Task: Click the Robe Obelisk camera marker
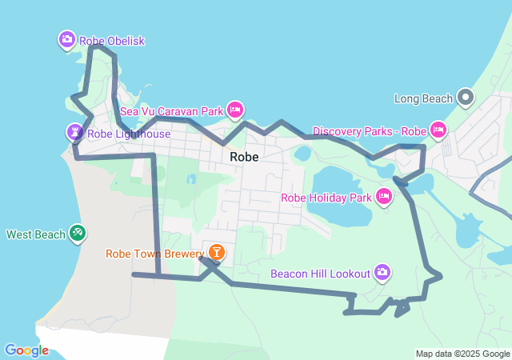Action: (x=66, y=38)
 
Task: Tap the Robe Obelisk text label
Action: (x=112, y=41)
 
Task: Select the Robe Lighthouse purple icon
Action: (x=74, y=132)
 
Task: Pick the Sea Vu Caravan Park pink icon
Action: (x=234, y=110)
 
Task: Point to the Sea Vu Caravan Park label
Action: (x=171, y=112)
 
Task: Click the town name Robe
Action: (x=244, y=157)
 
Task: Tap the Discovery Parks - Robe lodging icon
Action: (x=438, y=129)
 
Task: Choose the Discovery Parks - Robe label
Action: (x=370, y=131)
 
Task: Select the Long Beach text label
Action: (x=424, y=99)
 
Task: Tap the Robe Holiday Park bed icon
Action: (x=383, y=196)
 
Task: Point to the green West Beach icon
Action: (x=78, y=233)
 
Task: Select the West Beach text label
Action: (x=36, y=235)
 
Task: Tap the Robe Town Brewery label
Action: (x=155, y=254)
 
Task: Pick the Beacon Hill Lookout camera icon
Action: (x=382, y=273)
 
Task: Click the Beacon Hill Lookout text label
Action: (x=321, y=274)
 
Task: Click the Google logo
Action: (x=26, y=350)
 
